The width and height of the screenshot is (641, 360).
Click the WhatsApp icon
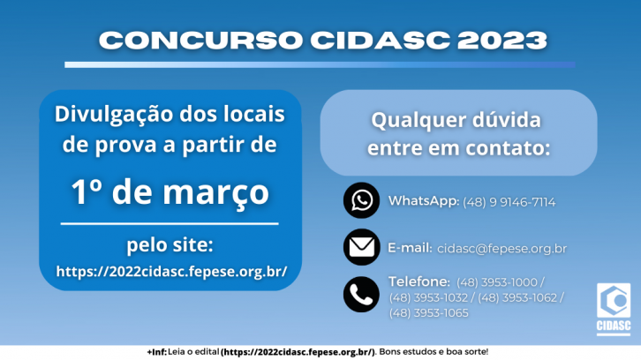pyautogui.click(x=361, y=200)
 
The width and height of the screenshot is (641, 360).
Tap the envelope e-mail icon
pyautogui.click(x=361, y=247)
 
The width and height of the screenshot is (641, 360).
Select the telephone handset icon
pyautogui.click(x=361, y=294)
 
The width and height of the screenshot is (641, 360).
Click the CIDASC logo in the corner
pyautogui.click(x=614, y=309)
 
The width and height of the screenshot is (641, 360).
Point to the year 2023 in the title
pyautogui.click(x=502, y=41)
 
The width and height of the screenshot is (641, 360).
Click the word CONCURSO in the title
pyautogui.click(x=200, y=41)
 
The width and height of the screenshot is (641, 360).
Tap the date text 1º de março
pyautogui.click(x=170, y=192)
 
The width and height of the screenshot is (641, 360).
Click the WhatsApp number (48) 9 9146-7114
pyautogui.click(x=509, y=202)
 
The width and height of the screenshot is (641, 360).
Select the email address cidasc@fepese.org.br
pyautogui.click(x=501, y=249)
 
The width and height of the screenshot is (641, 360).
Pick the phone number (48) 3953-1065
pyautogui.click(x=428, y=313)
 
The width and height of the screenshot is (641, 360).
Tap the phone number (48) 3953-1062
pyautogui.click(x=517, y=298)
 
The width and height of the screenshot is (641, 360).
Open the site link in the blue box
pyautogui.click(x=171, y=272)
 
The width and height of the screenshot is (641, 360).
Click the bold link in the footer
pyautogui.click(x=298, y=352)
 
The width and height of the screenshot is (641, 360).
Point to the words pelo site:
pyautogui.click(x=170, y=245)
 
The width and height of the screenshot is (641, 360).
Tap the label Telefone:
pyautogui.click(x=419, y=281)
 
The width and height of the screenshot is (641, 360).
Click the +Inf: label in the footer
pyautogui.click(x=157, y=352)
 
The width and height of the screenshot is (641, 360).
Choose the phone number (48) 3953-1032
pyautogui.click(x=428, y=298)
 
